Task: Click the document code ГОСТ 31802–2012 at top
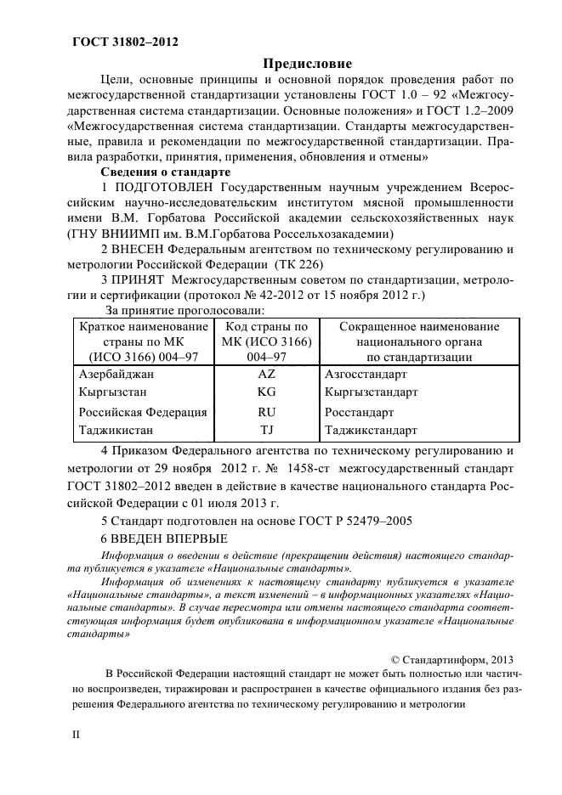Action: coord(119,40)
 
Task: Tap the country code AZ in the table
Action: coord(265,373)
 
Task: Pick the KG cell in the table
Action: coord(265,392)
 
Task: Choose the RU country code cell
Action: coord(265,413)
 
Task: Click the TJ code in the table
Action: coord(265,430)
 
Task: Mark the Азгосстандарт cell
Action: coord(366,373)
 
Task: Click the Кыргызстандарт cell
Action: coord(371,392)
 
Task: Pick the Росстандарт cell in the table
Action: coord(359,413)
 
